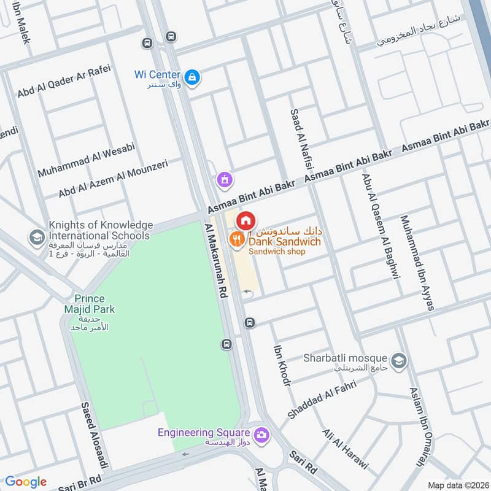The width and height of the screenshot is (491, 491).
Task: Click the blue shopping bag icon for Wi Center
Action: tap(193, 77)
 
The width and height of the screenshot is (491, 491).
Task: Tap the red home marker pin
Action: tap(245, 220)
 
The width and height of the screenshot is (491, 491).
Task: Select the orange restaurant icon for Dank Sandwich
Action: tap(236, 239)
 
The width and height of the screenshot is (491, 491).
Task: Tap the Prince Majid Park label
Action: tap(90, 304)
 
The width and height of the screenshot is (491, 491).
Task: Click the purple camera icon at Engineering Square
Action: tap(262, 435)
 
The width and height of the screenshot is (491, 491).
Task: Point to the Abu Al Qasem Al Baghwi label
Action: tap(382, 226)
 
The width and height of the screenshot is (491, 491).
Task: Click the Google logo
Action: tap(26, 482)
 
